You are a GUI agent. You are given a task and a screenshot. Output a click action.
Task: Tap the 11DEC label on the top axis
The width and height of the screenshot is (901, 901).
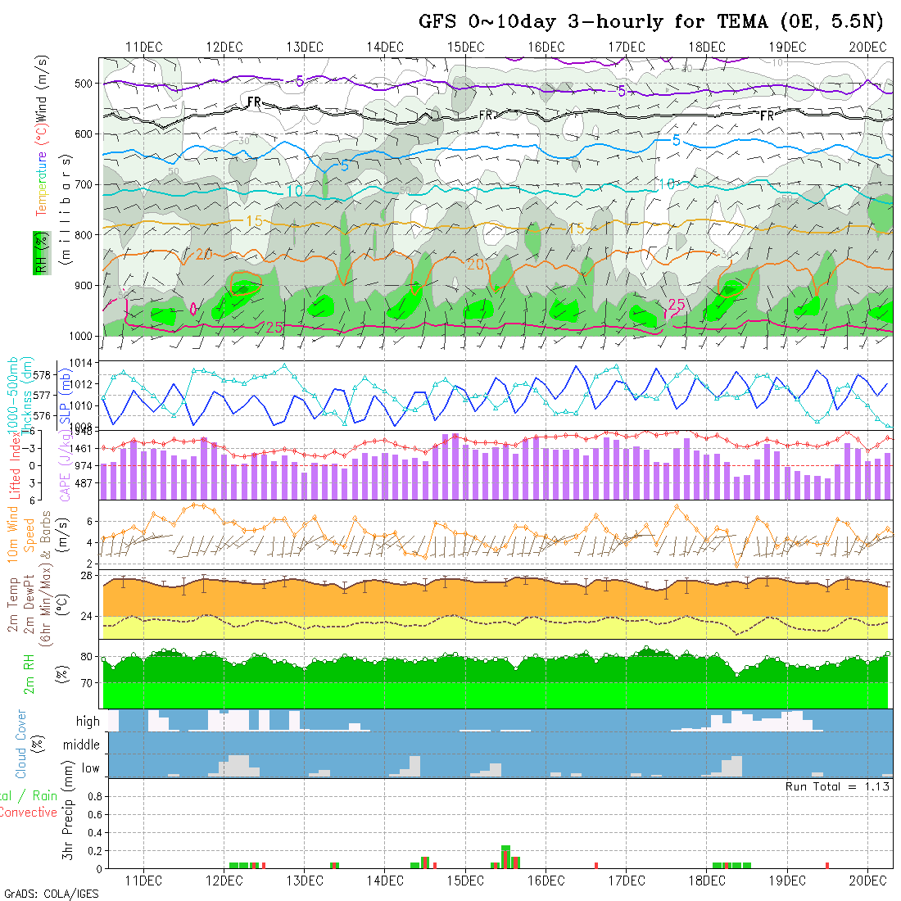(143, 47)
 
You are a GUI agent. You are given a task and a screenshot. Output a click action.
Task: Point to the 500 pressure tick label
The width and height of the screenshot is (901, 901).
(83, 84)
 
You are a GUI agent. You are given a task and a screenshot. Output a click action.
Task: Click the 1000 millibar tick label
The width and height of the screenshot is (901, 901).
(79, 336)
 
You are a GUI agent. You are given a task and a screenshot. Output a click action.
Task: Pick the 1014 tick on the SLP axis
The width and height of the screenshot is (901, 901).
(84, 362)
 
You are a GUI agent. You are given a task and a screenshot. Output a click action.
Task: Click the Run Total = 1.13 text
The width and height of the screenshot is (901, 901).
(837, 786)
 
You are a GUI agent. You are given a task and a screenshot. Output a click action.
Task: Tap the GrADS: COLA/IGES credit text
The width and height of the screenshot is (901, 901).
(51, 894)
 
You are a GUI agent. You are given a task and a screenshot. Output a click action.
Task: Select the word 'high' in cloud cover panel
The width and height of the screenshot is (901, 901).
(87, 722)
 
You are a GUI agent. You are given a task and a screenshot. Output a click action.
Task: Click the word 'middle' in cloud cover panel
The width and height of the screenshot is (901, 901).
(81, 745)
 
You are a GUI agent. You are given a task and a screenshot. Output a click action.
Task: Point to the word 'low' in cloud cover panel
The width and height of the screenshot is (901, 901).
(90, 767)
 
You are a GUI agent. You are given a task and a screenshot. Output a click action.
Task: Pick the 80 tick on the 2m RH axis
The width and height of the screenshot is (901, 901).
(85, 657)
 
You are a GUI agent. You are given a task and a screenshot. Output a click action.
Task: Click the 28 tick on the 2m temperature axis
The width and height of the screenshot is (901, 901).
(85, 576)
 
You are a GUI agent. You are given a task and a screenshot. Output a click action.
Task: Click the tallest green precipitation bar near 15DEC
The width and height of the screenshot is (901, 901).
(505, 856)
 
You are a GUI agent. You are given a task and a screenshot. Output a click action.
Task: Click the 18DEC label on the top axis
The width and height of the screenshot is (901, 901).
(706, 47)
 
